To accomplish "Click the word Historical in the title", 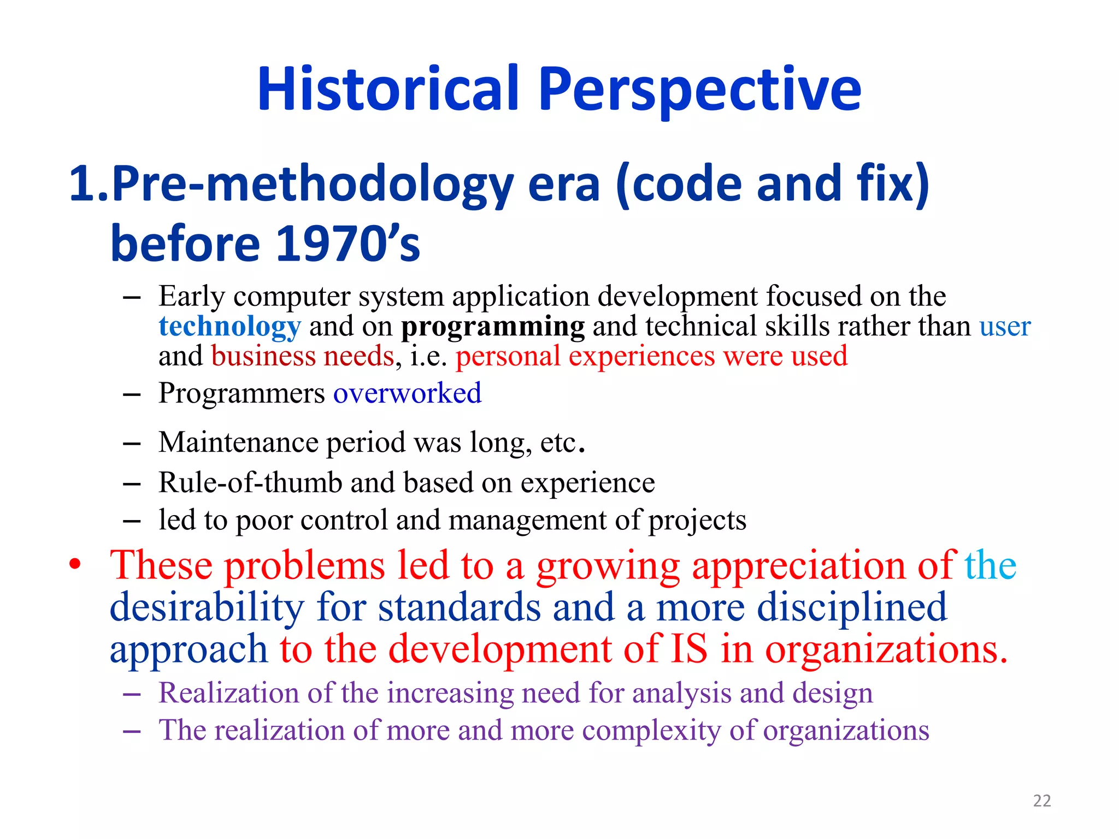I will (388, 89).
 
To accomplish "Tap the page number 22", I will (1042, 801).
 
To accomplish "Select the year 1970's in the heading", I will (348, 244).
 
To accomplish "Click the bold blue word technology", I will (229, 327).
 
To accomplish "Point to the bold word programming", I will (493, 327).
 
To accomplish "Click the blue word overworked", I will (407, 393).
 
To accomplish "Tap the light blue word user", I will (1004, 327).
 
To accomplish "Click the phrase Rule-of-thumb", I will (250, 483).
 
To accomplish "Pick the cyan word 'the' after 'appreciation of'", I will (990, 565).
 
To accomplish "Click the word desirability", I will (207, 608).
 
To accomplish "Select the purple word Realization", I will (228, 693).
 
